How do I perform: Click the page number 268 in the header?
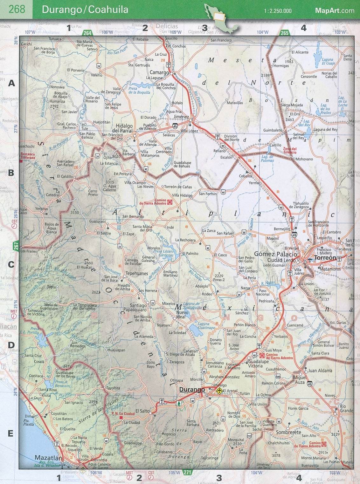(17, 9)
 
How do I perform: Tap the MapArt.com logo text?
(335, 10)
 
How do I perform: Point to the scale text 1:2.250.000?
(277, 11)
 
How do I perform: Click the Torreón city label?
(325, 258)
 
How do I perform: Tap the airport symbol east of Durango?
(219, 391)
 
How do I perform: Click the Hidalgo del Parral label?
(124, 128)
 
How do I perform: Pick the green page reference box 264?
(87, 33)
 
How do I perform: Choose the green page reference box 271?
(188, 473)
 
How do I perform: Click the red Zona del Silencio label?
(290, 151)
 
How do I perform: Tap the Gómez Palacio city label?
(275, 254)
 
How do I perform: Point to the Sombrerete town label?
(288, 432)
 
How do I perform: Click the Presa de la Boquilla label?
(139, 91)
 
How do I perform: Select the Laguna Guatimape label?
(206, 326)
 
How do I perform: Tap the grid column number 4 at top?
(303, 28)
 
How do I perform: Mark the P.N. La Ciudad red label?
(123, 414)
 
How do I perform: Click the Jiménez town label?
(181, 117)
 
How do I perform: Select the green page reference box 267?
(16, 245)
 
